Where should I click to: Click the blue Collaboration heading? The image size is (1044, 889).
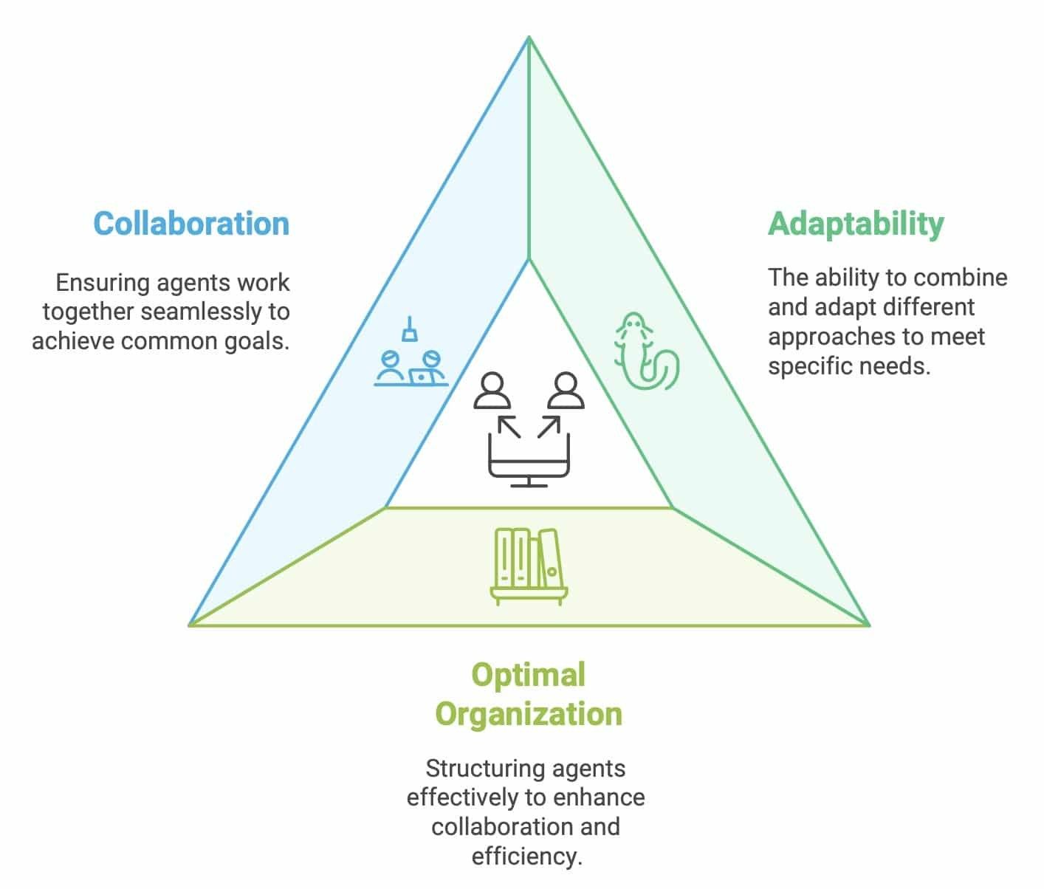pyautogui.click(x=191, y=224)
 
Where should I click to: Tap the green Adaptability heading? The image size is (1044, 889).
pyautogui.click(x=856, y=223)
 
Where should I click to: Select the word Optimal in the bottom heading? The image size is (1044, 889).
pyautogui.click(x=528, y=675)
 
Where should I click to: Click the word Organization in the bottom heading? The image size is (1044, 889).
pyautogui.click(x=528, y=714)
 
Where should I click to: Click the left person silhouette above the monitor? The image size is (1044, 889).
pyautogui.click(x=492, y=391)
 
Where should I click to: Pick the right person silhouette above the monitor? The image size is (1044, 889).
pyautogui.click(x=566, y=391)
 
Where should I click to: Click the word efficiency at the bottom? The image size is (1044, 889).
pyautogui.click(x=526, y=857)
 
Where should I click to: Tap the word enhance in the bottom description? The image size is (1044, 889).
pyautogui.click(x=610, y=797)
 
